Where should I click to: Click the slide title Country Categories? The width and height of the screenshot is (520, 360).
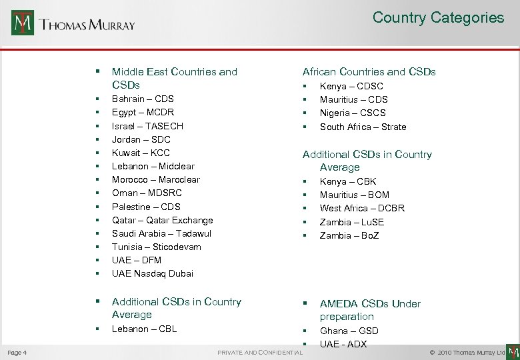[x=438, y=18]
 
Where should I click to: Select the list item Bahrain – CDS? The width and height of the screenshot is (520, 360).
[x=143, y=99]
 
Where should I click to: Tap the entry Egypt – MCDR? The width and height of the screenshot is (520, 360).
[x=143, y=113]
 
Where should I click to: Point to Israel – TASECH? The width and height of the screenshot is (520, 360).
[x=147, y=126]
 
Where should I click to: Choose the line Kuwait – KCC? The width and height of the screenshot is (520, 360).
[x=141, y=153]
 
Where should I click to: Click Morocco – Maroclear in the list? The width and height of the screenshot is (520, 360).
[x=156, y=179]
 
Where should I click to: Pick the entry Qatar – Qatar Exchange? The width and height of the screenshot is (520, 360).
[x=163, y=220]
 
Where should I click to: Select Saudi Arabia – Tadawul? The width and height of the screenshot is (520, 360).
[x=161, y=233]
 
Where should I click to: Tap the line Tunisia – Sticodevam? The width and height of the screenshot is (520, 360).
[x=157, y=247]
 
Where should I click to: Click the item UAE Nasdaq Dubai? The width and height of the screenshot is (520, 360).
[x=153, y=273]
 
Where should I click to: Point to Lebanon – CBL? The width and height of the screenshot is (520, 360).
[x=144, y=329]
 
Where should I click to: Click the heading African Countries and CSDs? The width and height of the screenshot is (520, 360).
[x=369, y=72]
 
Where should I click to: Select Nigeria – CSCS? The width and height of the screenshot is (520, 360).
[x=353, y=113]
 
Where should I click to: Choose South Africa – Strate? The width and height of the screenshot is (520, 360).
[x=363, y=127]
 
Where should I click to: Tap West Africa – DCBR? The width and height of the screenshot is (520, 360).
[x=362, y=208]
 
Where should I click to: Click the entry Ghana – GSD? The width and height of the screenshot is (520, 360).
[x=349, y=331]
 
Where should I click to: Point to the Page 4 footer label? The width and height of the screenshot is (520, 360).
[x=17, y=352]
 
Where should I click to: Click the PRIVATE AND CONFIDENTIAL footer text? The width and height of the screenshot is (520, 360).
[x=260, y=352]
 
